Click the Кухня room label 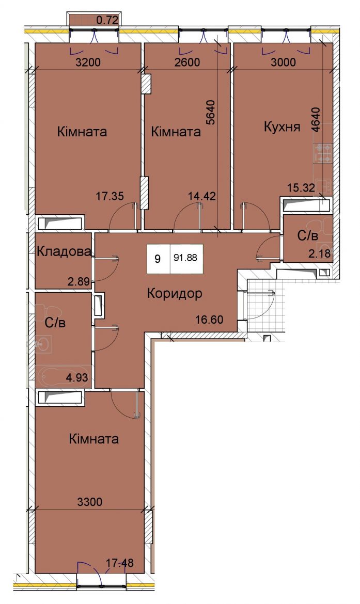pyautogui.click(x=282, y=126)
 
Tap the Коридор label pyautogui.click(x=175, y=294)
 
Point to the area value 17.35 pyautogui.click(x=110, y=196)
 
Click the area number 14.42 pyautogui.click(x=201, y=196)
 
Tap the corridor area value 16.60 pyautogui.click(x=209, y=319)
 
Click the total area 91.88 pyautogui.click(x=185, y=258)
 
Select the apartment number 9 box pyautogui.click(x=158, y=258)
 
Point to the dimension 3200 pyautogui.click(x=88, y=61)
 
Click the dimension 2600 pyautogui.click(x=187, y=61)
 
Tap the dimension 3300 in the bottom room pyautogui.click(x=90, y=502)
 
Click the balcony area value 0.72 pyautogui.click(x=107, y=20)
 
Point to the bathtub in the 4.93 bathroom pyautogui.click(x=64, y=375)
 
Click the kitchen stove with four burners pyautogui.click(x=323, y=153)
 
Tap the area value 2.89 pyautogui.click(x=79, y=281)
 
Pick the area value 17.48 pyautogui.click(x=120, y=563)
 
